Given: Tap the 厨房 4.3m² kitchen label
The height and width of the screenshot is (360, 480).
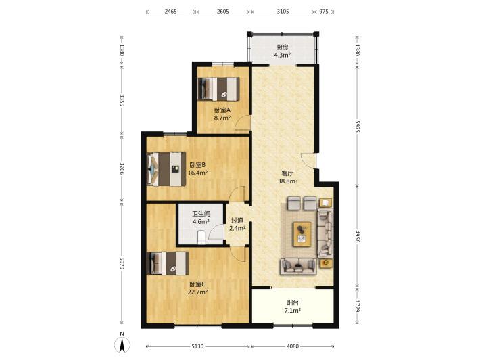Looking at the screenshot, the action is (x=282, y=51).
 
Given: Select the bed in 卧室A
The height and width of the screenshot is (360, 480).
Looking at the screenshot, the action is (x=218, y=89).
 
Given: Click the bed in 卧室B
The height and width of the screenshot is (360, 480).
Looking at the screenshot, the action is (x=166, y=168).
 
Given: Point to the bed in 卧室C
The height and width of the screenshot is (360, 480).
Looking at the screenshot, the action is (x=168, y=263).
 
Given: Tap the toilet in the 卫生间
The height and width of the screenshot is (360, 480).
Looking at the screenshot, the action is (x=201, y=238).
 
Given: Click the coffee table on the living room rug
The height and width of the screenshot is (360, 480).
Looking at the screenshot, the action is (x=302, y=234).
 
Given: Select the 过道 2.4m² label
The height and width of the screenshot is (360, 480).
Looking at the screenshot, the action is (x=237, y=224).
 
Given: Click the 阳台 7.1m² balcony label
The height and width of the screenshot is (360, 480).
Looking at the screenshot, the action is (x=293, y=307).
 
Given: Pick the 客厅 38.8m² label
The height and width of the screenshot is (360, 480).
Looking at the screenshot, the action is (x=288, y=177).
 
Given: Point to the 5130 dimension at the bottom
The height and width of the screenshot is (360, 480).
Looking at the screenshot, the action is (x=197, y=346).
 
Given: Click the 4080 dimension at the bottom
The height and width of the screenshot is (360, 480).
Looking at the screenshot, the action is (x=293, y=346).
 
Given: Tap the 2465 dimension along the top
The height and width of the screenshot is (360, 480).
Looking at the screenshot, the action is (x=171, y=12).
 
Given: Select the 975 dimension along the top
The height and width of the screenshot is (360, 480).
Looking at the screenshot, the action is (x=324, y=12).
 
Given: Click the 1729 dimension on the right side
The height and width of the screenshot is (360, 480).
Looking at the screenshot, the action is (x=357, y=306).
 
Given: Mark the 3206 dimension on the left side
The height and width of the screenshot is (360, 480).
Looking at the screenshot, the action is (x=122, y=168).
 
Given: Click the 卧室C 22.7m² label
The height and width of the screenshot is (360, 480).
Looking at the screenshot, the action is (x=197, y=288).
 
